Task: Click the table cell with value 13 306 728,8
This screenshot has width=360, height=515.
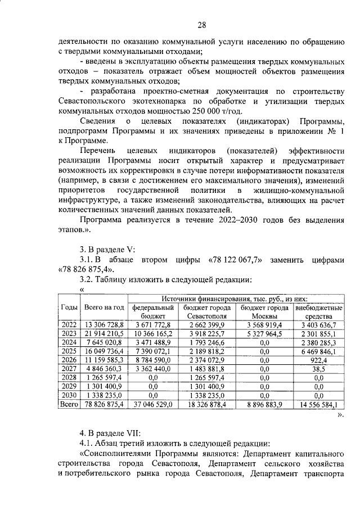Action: (103, 325)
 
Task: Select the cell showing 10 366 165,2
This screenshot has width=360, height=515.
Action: (153, 333)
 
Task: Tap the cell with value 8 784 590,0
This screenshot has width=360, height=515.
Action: (153, 360)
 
